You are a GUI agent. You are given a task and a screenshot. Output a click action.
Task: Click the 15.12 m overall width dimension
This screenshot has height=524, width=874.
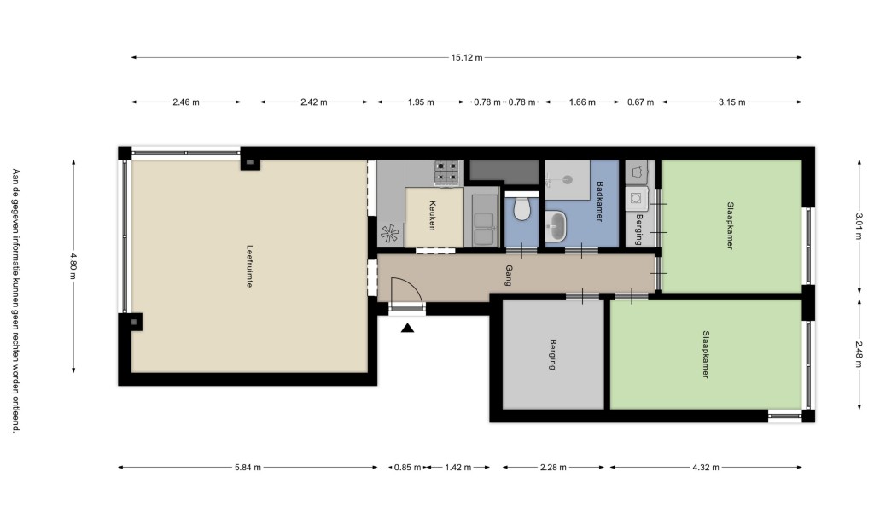click(467, 57)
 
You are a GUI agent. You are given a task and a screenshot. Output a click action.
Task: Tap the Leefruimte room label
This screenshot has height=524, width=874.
click(249, 266)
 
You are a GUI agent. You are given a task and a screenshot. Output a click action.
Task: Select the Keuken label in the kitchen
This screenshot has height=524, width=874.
click(432, 216)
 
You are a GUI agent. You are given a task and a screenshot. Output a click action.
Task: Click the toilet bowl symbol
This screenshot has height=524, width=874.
click(521, 208)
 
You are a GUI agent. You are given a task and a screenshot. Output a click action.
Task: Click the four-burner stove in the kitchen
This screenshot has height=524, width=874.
click(447, 172)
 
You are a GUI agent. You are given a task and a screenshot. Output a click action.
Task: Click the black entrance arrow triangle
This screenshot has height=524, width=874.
click(407, 328)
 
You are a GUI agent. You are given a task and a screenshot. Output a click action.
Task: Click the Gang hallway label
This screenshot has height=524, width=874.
click(509, 276)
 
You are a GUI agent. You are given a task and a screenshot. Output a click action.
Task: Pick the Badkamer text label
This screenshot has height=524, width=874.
click(600, 201)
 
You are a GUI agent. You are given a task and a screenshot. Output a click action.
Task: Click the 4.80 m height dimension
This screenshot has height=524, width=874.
click(73, 267)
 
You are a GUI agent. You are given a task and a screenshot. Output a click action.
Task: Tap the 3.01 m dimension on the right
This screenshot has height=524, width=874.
click(859, 226)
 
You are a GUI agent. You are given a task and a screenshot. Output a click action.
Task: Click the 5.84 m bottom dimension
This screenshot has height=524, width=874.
click(248, 467)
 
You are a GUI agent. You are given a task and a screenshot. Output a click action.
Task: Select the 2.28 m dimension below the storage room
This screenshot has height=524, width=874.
click(553, 467)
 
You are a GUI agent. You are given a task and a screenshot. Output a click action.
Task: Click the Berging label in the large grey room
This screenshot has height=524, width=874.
click(552, 354)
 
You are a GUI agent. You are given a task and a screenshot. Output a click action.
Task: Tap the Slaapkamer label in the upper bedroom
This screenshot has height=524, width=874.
click(730, 226)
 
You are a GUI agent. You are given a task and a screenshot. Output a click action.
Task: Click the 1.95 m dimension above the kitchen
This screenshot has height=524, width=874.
click(421, 102)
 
